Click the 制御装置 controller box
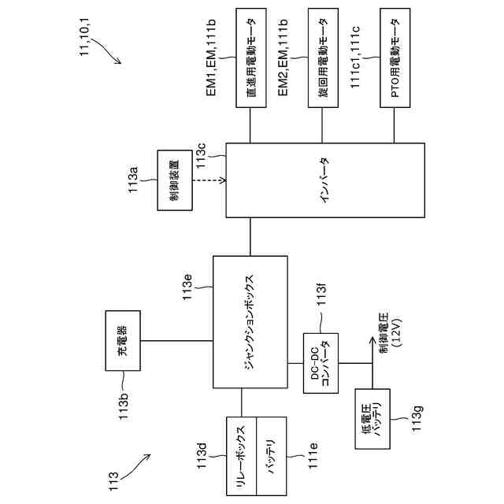pos(175,180)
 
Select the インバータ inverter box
pos(325,180)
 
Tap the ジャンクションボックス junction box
pos(250,322)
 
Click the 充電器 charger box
pos(123,340)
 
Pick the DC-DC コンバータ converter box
pos(321,363)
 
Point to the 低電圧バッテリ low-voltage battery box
pos(372,419)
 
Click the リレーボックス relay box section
pos(242,456)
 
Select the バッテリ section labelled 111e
pos(272,456)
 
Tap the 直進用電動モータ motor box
pos(251,57)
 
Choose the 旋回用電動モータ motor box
pos(323,57)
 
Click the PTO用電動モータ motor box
pos(395,57)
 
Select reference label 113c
pos(202,156)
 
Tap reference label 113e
pos(187,287)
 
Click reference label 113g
pos(417,419)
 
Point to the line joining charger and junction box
pos(176,340)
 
